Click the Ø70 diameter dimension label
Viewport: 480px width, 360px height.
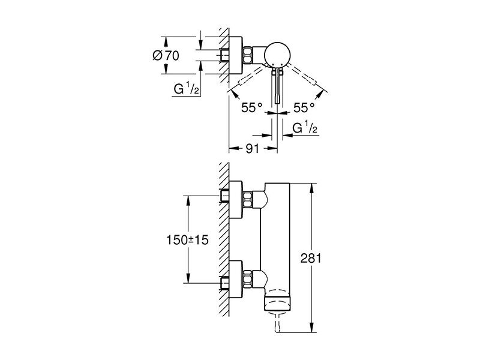click(166, 56)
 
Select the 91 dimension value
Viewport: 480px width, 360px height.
click(253, 148)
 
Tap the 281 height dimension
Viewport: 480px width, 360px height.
click(311, 259)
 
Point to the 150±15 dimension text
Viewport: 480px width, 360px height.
click(187, 239)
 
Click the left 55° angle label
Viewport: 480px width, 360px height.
click(251, 107)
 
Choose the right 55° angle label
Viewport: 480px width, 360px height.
click(304, 107)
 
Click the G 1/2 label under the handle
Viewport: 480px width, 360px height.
click(305, 128)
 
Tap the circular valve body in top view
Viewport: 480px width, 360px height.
click(277, 54)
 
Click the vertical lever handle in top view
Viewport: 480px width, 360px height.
click(277, 86)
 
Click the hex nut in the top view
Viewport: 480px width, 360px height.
click(247, 55)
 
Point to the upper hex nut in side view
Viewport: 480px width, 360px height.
click(247, 200)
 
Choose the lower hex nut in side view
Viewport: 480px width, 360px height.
click(247, 279)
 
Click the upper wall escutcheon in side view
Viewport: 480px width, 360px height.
click(236, 200)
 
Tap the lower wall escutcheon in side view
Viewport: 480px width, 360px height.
click(236, 279)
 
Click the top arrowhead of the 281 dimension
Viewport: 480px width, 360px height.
click(312, 188)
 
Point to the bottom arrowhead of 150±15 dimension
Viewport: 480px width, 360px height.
click(188, 278)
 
